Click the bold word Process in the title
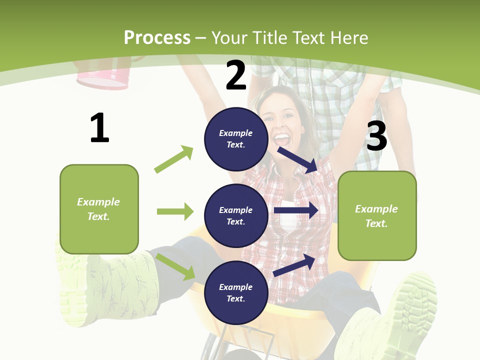click(x=157, y=37)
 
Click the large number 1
click(x=99, y=128)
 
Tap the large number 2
click(x=236, y=75)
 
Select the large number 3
click(x=376, y=136)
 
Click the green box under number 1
click(x=99, y=209)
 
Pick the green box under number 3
click(x=377, y=215)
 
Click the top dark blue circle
click(x=236, y=139)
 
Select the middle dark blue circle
click(x=236, y=215)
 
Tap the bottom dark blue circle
click(x=236, y=292)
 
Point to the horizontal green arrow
click(x=175, y=211)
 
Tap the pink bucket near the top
click(x=102, y=77)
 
